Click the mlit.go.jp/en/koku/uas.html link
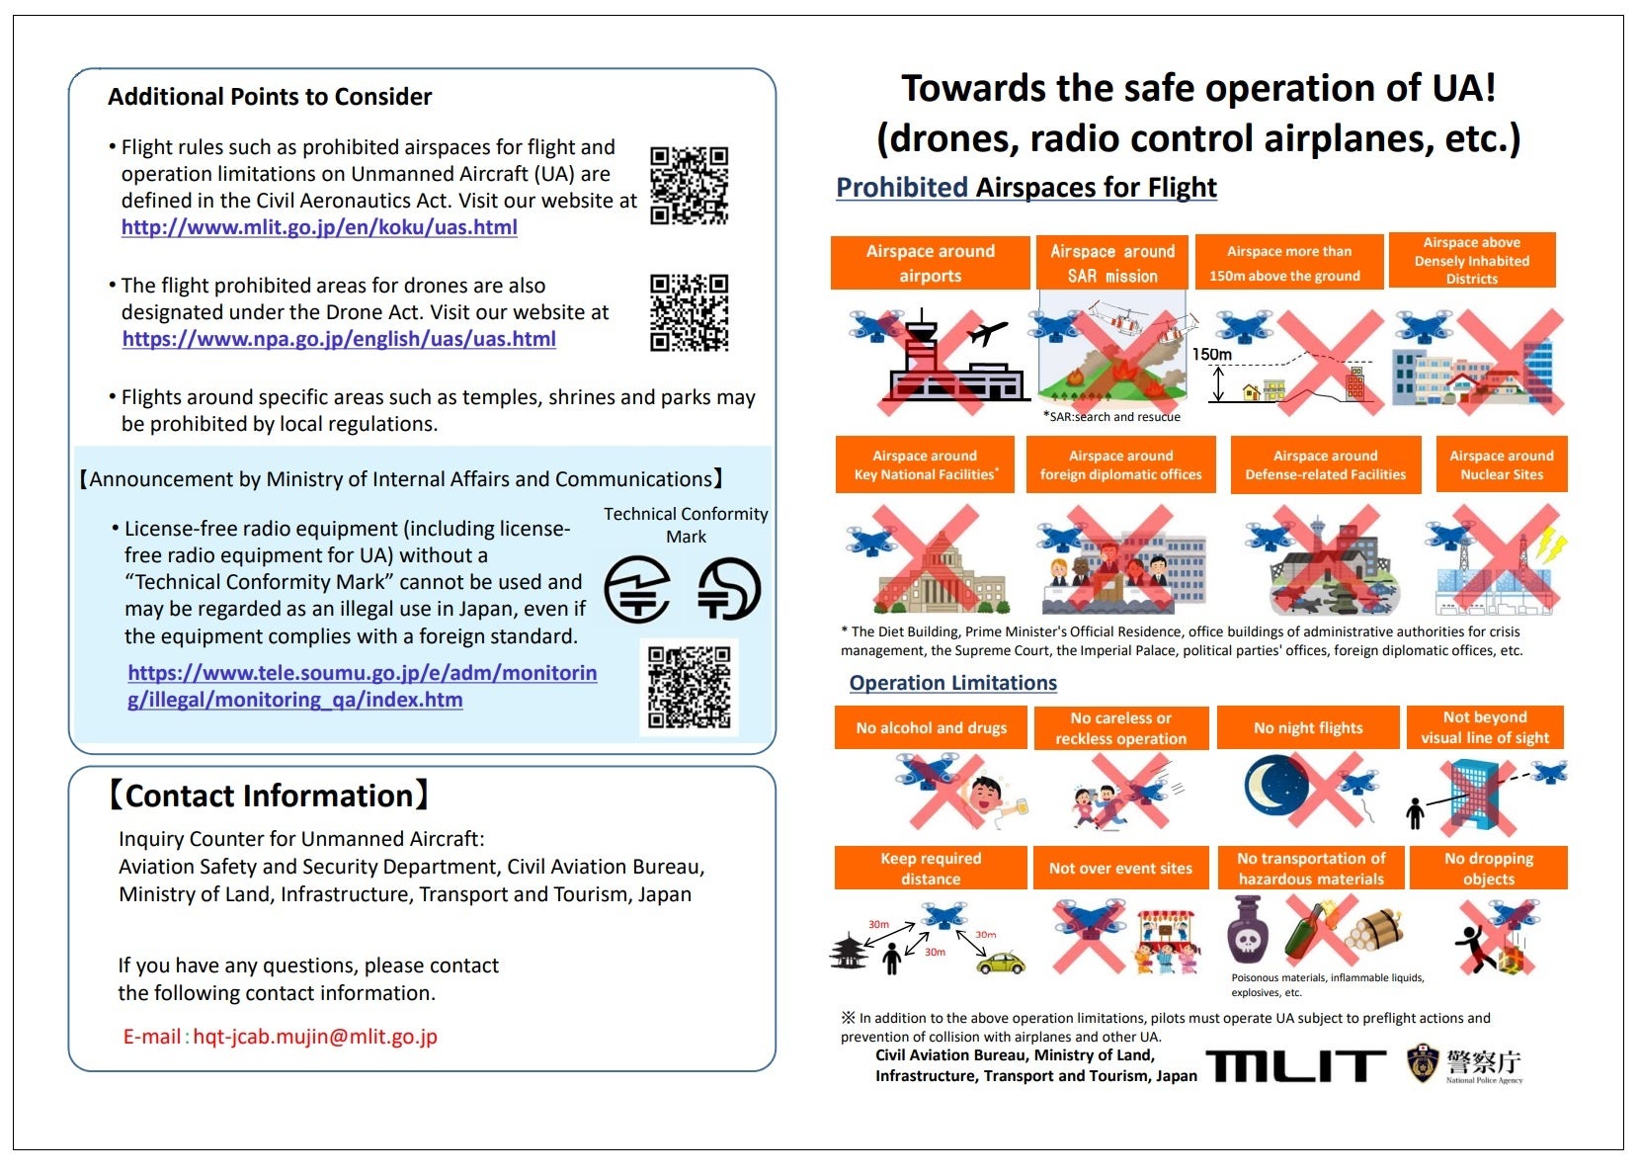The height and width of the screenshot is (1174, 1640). coord(319,227)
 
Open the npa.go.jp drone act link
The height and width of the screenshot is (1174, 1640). coord(339,339)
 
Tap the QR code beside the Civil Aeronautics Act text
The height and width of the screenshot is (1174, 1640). coord(689,186)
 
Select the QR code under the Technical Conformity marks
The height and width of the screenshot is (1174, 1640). coord(690,688)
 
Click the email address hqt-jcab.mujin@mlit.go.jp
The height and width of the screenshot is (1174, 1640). coord(314,1037)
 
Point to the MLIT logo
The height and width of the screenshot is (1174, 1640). coord(1295,1065)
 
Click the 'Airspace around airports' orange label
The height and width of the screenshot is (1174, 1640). coord(930,263)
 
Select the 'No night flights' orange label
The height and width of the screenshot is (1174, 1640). coord(1308,728)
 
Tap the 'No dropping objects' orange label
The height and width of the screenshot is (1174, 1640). coord(1488,869)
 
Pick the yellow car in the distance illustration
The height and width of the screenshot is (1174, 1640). coord(1001,963)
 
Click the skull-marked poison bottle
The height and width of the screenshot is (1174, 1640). coord(1248,931)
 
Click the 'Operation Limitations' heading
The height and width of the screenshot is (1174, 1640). coord(952,683)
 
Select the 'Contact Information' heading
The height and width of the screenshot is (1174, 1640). coord(269,796)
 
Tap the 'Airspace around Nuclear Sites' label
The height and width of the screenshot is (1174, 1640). coord(1501,464)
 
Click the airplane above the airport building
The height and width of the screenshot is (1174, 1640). coord(987,333)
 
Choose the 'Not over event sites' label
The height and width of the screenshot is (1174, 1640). coord(1120,869)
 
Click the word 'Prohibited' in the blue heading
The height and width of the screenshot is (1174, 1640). coord(901,188)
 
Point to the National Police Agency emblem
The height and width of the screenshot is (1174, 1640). coord(1422,1063)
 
